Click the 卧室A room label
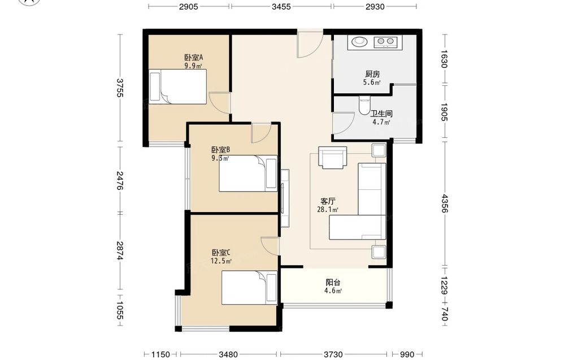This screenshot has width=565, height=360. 194,57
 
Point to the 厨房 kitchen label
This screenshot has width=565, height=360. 372,74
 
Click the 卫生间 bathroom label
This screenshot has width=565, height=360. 381,114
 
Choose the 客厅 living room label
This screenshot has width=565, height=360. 328,201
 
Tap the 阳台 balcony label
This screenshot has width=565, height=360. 333,283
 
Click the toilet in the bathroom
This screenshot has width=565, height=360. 364,105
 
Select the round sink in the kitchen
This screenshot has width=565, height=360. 359,42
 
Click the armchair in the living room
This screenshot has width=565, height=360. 332,158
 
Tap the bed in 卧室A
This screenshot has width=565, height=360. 177,87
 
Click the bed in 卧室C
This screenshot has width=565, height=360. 249,288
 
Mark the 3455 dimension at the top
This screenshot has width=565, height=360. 281,6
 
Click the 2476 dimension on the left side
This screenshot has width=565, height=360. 120,181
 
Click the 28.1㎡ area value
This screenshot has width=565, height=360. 328,209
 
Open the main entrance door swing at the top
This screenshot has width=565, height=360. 310,45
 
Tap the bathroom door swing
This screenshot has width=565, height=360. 344,123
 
